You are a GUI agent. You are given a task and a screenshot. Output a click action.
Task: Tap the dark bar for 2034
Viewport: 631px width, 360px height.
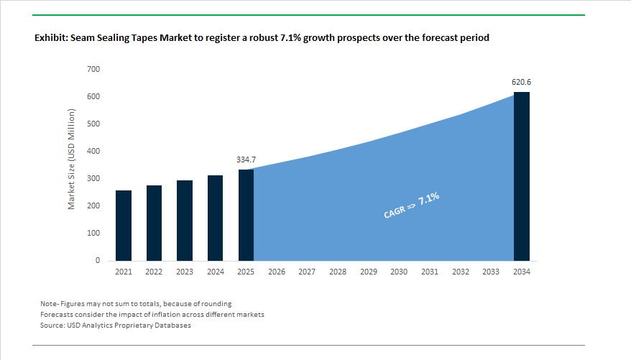point(521,176)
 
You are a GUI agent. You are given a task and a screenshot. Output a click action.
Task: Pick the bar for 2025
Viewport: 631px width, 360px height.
point(246,215)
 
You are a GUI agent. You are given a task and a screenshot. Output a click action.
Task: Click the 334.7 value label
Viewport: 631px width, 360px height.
point(246,159)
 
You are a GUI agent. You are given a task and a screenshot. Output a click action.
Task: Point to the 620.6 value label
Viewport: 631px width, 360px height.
point(521,82)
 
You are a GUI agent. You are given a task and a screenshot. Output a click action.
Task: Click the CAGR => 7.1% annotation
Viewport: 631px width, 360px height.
point(412,206)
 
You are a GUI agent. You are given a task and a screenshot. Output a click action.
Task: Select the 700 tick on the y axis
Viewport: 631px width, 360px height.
point(93,69)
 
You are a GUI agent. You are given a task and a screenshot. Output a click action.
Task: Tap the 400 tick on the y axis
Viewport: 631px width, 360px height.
point(93,152)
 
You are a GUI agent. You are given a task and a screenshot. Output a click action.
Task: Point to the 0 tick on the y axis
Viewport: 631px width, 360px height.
point(97,261)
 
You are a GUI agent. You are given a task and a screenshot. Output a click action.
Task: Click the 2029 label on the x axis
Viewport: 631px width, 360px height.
point(368,272)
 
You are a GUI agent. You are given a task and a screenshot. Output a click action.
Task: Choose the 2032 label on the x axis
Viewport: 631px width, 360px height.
point(460,272)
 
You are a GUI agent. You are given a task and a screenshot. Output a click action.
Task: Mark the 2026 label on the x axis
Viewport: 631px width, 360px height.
point(277,272)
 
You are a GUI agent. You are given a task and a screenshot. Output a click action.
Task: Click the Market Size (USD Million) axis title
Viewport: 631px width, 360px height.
point(72,159)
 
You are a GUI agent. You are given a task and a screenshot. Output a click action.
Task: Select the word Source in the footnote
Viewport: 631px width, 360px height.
point(53,326)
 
